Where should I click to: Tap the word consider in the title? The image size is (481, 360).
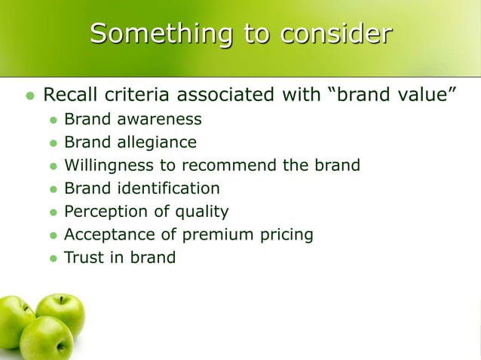336,34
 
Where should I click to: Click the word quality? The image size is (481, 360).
199,212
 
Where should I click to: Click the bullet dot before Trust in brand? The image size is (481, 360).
53,258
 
